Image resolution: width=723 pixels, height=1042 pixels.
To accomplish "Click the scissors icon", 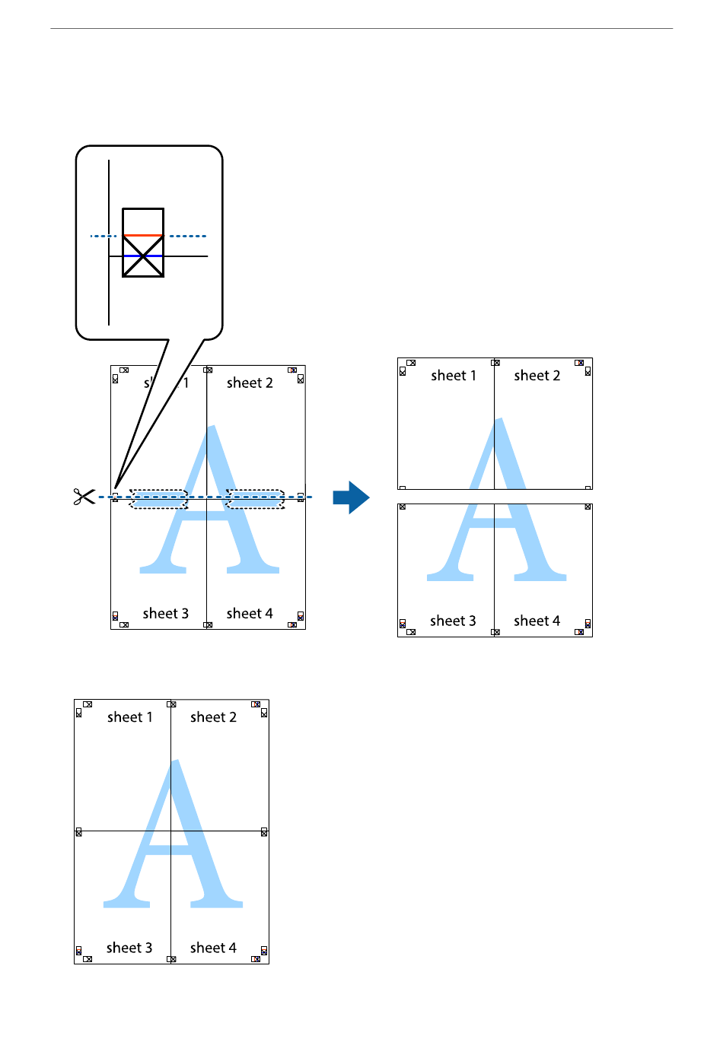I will coord(84,497).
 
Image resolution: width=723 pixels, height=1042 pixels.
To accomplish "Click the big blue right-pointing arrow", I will coord(351,497).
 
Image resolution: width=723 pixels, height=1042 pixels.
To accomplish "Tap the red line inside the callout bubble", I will coord(143,236).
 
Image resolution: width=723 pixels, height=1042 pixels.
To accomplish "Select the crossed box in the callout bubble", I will coord(143,256).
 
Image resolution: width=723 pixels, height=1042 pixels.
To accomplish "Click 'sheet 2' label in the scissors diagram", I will coord(250,383).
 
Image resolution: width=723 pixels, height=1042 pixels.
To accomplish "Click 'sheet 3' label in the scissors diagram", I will coord(165,614).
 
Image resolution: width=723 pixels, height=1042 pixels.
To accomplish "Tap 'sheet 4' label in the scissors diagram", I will coord(250,614).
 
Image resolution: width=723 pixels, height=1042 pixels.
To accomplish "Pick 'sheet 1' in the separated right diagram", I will coord(453,376).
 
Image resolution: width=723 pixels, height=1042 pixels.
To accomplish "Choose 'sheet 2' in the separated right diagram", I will coord(537,376).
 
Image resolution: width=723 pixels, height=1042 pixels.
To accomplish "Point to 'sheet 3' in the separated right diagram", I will coord(453,621).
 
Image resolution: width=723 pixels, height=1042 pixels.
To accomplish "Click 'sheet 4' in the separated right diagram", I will coord(537,621).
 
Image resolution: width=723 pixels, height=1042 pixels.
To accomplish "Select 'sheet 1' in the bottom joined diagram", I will coord(129,717).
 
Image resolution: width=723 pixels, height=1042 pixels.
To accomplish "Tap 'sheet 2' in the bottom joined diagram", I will coord(213,717).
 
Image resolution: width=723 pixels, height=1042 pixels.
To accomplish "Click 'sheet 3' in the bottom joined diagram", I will coord(129,948).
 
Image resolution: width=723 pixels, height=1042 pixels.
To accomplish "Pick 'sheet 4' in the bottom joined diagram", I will coord(213,948).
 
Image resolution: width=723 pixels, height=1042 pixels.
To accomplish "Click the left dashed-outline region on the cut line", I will coord(158,499).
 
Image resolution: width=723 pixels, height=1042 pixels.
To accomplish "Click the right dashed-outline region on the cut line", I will coord(256,499).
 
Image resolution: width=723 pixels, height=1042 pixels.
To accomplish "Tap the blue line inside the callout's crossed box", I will coord(143,256).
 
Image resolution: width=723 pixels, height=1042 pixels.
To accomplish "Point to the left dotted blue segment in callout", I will coord(104,236).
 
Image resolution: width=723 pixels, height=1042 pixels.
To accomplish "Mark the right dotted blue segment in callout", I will coord(187,236).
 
